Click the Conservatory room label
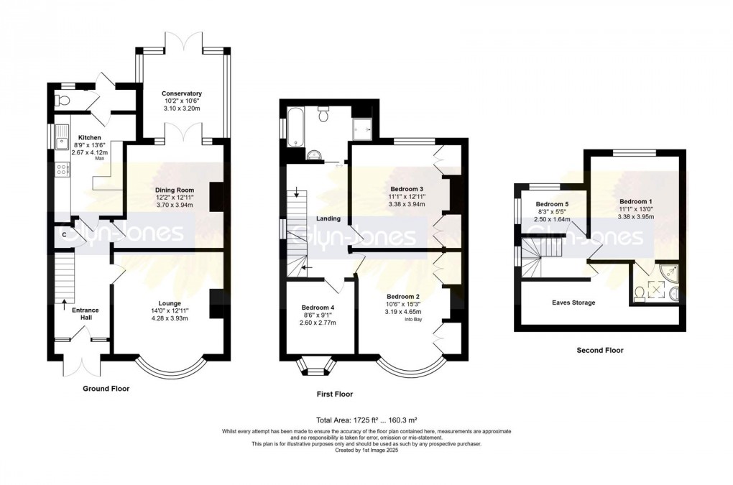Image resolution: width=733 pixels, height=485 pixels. pyautogui.click(x=181, y=93)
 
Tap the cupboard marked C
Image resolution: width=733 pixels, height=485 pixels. pyautogui.click(x=65, y=234)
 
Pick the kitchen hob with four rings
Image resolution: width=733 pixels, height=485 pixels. pyautogui.click(x=62, y=170)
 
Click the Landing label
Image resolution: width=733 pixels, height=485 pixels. pyautogui.click(x=328, y=218)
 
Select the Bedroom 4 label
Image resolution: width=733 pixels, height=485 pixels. pyautogui.click(x=318, y=308)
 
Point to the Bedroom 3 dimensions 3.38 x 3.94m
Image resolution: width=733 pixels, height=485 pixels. pyautogui.click(x=406, y=204)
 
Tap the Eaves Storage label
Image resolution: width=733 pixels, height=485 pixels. pyautogui.click(x=573, y=302)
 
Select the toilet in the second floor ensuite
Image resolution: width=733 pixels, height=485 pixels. pyautogui.click(x=640, y=294)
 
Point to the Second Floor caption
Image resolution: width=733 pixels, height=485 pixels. pyautogui.click(x=600, y=350)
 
